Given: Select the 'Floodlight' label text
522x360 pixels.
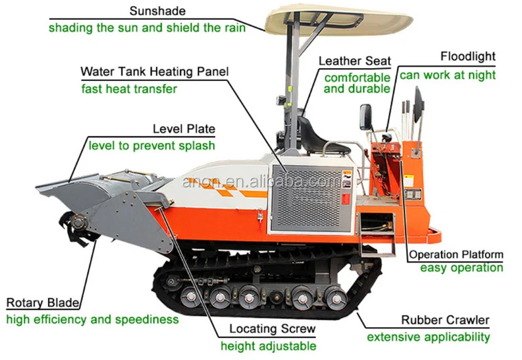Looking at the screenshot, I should [x=467, y=56].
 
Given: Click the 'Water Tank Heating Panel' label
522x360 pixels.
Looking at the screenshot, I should [x=155, y=71].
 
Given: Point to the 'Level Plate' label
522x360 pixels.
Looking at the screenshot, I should [x=183, y=128].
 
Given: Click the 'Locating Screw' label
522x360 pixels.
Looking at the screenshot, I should [x=273, y=328].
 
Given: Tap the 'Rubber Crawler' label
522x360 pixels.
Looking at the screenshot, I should [x=446, y=320].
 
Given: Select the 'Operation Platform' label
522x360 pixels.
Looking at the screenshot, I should [x=456, y=254].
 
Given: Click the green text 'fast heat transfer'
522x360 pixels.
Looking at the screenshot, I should [x=129, y=89].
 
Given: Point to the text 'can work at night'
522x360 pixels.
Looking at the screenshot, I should [x=447, y=75].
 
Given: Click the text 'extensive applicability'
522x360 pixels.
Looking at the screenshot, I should [x=428, y=337].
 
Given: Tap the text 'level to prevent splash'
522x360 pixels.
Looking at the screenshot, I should [x=151, y=146].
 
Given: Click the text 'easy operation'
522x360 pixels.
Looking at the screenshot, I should [x=461, y=268].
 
